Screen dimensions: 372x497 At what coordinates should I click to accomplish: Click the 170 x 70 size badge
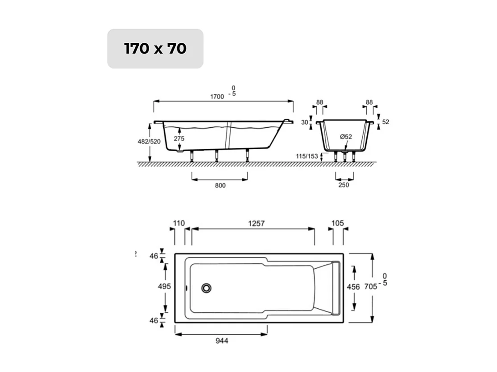pos(155,49)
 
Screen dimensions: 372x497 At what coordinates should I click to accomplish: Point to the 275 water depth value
pos(179,139)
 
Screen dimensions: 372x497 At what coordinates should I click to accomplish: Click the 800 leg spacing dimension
pos(220,185)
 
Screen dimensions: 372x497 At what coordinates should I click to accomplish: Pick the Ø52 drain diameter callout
pos(346,137)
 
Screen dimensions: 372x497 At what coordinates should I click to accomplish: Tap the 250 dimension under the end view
pos(344,185)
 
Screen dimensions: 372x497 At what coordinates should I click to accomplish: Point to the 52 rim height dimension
pos(385,122)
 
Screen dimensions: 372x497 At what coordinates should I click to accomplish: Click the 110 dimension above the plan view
pos(178,224)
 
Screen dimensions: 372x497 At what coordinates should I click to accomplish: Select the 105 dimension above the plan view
pos(338,224)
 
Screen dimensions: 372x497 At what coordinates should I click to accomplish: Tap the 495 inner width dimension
pos(164,287)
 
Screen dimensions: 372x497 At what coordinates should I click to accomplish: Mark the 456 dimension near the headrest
pos(354,287)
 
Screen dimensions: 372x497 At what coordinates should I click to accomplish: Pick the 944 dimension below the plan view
pos(222,341)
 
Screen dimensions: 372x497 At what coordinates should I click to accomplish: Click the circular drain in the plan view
pos(206,288)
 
